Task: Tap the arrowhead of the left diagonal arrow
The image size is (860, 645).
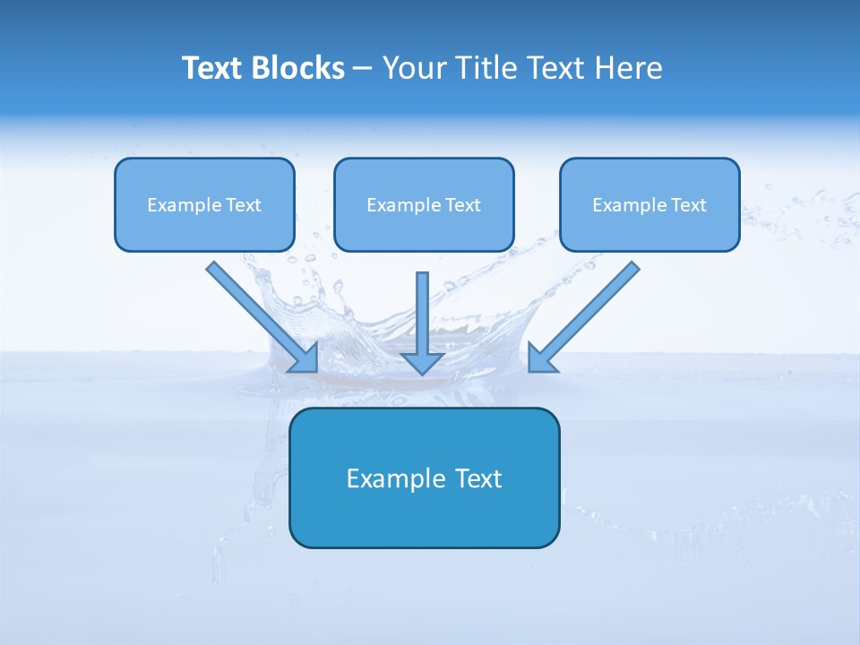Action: coord(306,360)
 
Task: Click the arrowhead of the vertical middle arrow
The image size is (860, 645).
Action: coord(423,363)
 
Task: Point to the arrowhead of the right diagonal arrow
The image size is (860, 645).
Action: coord(539,360)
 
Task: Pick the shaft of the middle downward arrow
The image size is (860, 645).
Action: coord(423,309)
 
